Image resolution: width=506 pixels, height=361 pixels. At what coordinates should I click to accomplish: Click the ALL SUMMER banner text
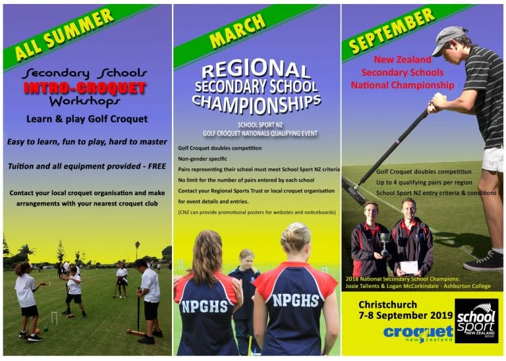[x=64, y=34]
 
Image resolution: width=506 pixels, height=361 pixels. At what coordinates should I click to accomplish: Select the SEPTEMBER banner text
[x=392, y=30]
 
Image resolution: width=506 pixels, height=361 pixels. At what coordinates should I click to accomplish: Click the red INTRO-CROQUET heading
[x=85, y=88]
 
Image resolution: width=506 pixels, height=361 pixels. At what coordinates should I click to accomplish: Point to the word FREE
[x=157, y=166]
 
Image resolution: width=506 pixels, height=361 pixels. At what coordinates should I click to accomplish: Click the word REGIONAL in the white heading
[x=256, y=69]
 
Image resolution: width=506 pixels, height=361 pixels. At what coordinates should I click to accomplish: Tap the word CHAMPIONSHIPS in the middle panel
[x=256, y=105]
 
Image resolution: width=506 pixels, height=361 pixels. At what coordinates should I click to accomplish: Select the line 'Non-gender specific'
[x=202, y=159]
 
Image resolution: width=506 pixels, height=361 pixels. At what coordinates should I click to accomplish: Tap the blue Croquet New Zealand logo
[x=418, y=334]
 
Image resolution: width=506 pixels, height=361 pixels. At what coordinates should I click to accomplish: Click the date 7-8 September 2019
[x=406, y=316]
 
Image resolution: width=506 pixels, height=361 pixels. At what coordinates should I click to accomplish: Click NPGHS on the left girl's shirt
[x=205, y=306]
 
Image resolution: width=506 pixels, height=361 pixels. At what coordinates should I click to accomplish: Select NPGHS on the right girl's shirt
[x=296, y=300]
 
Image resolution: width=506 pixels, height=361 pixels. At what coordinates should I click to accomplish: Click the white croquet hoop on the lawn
[x=54, y=318]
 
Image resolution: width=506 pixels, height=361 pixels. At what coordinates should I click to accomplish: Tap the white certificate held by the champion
[x=409, y=267]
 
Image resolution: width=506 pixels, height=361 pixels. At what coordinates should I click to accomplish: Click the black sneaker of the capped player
[x=483, y=261]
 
